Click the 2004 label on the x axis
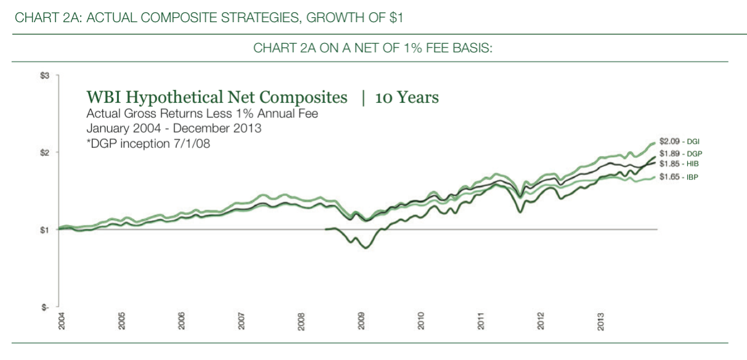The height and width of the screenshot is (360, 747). point(62,321)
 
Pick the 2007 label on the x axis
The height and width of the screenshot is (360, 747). point(242,321)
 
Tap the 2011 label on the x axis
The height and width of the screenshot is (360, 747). point(482,321)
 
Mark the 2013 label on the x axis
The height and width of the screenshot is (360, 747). point(602,321)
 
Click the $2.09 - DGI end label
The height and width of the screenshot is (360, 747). point(679,141)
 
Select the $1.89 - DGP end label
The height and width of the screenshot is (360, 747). point(679,153)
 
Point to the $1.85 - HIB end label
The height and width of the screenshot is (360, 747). point(679,164)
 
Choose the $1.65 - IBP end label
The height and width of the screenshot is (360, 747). point(679,177)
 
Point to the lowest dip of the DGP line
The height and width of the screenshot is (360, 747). point(365,248)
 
